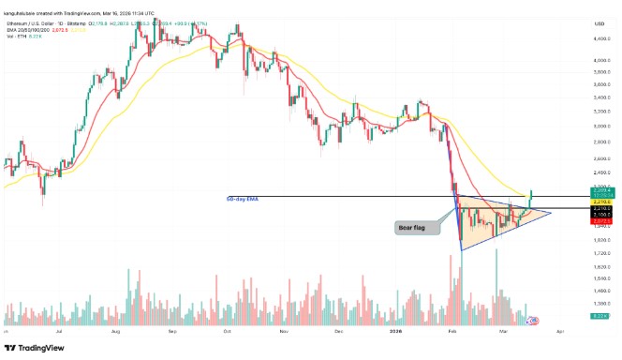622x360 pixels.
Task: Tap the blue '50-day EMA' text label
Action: pos(244,199)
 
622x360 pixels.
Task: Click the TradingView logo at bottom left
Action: pos(35,347)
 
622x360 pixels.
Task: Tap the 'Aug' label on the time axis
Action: pos(115,332)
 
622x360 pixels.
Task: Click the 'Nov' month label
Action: pos(284,332)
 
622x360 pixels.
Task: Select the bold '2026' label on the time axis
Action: pos(395,332)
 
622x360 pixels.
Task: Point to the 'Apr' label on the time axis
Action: pos(559,332)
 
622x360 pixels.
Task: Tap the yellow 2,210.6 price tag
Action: pos(601,202)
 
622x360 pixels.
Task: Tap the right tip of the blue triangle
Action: pos(552,213)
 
